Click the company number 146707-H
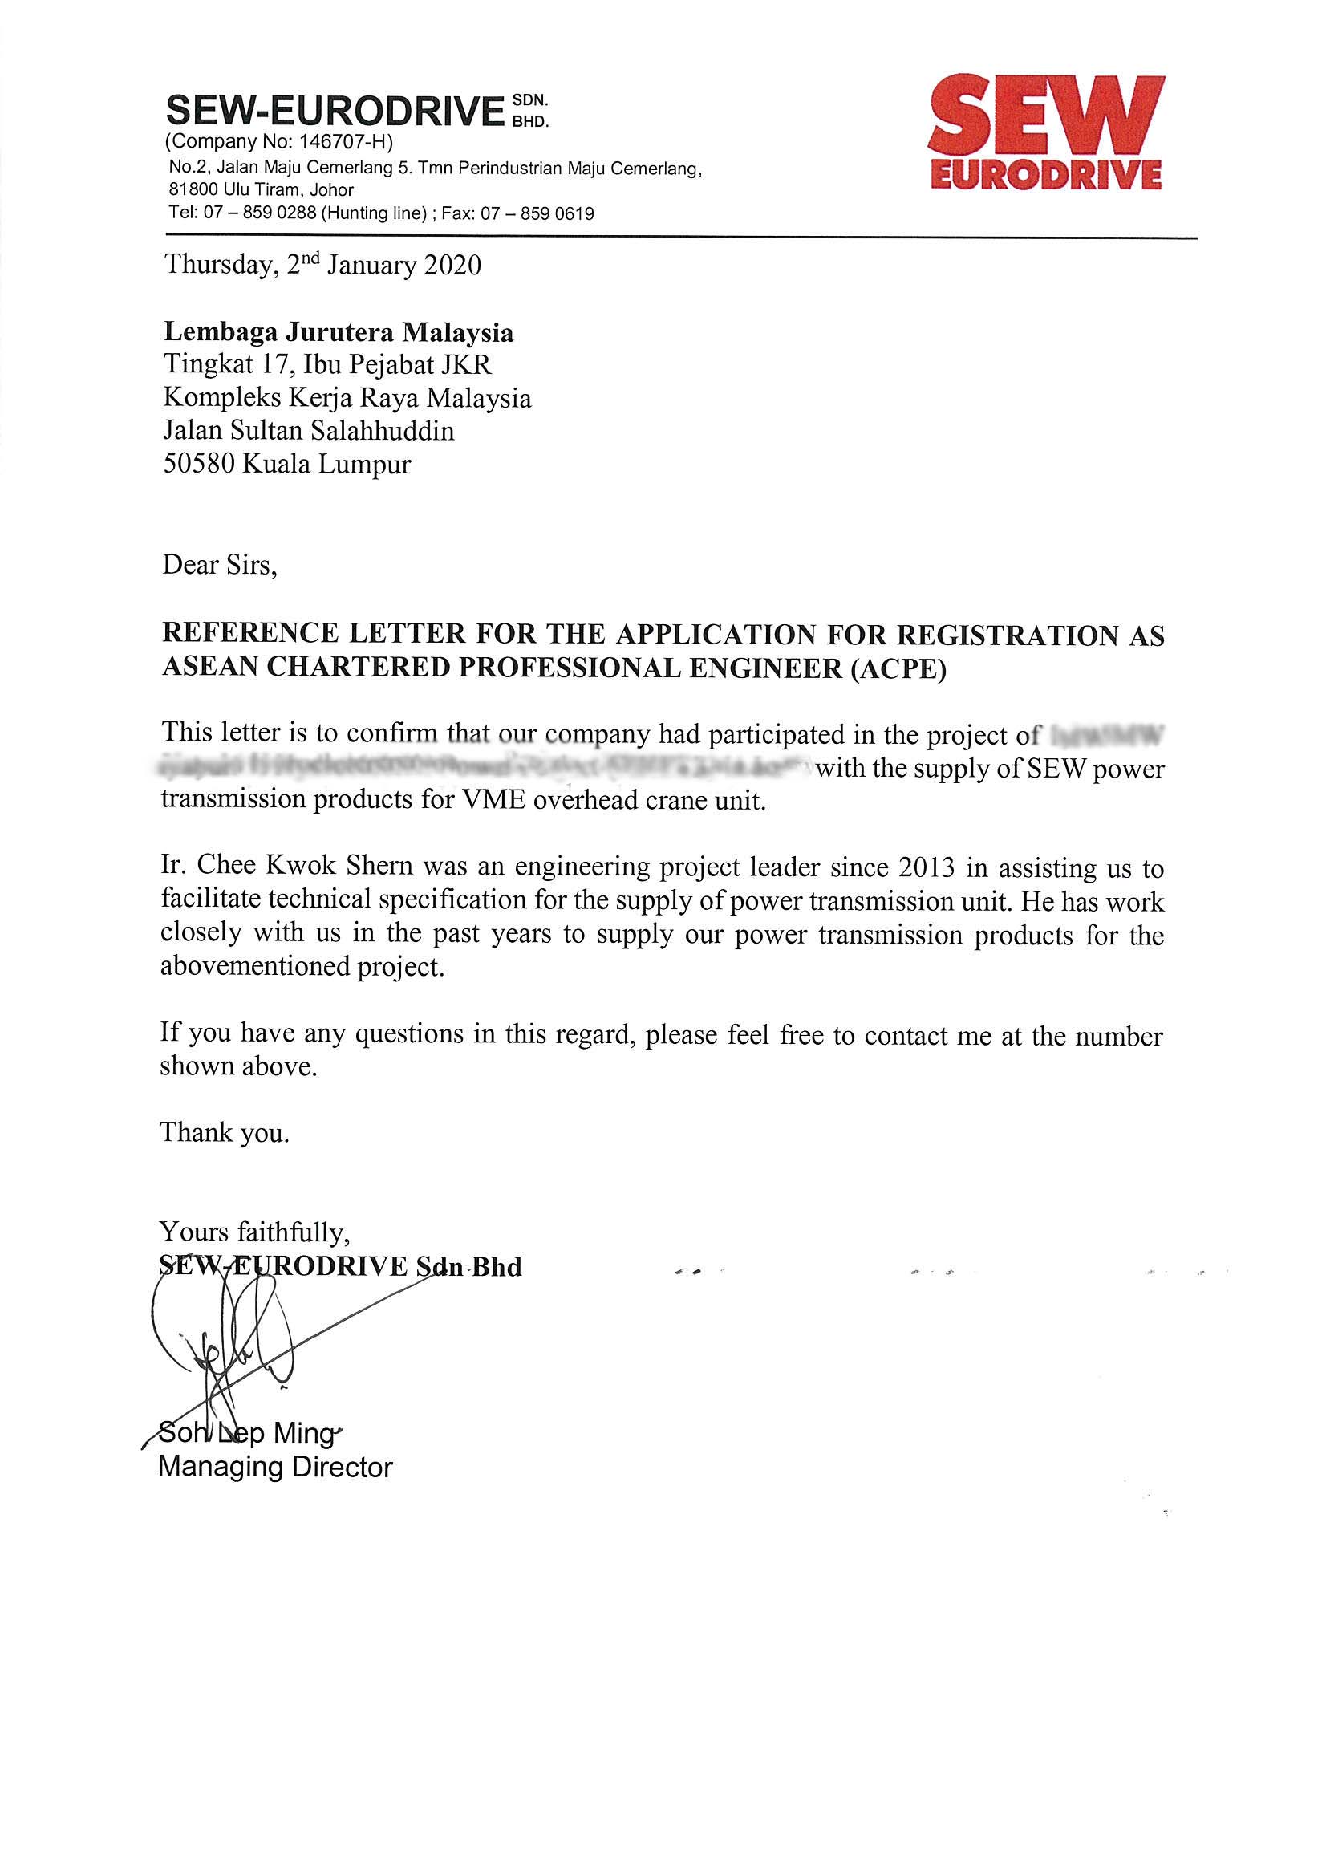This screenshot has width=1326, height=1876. [x=343, y=142]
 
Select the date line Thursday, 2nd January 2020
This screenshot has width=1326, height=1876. [x=322, y=266]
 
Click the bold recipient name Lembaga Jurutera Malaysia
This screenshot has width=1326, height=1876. [x=339, y=332]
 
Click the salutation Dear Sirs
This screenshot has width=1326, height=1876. [x=220, y=565]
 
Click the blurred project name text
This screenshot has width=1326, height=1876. [x=490, y=769]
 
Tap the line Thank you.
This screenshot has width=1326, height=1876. [x=225, y=1132]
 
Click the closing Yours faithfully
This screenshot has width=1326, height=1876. [x=255, y=1232]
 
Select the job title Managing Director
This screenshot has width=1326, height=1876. [x=275, y=1468]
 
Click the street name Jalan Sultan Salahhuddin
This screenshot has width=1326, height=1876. [x=309, y=431]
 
